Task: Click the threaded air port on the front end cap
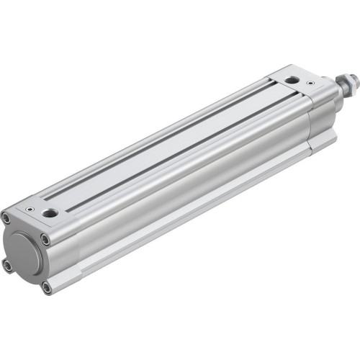coord(292,80)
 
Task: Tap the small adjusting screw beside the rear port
coord(30,209)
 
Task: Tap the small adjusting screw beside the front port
coord(311,84)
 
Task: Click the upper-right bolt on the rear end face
coord(45,240)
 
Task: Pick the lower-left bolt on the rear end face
coord(8,265)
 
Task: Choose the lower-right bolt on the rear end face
coord(47,287)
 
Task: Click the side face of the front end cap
coord(320,119)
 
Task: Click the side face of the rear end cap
coord(65,252)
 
